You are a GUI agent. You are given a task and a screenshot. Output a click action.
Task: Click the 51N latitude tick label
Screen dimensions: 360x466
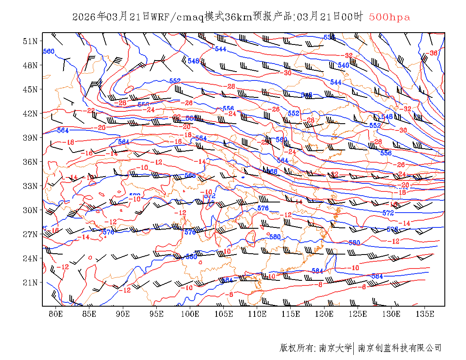click(30, 41)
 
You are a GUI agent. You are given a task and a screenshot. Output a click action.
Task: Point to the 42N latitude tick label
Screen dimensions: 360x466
click(30, 114)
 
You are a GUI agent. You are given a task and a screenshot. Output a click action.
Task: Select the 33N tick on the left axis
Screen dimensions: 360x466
click(30, 186)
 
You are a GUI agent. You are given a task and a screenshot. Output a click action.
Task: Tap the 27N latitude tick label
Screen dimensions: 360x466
click(30, 234)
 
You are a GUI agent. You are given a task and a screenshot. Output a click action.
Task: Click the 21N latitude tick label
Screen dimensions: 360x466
click(30, 282)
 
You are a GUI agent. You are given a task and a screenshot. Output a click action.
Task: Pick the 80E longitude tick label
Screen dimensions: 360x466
click(56, 314)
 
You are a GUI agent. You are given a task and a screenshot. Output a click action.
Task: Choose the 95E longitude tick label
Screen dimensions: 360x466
click(157, 314)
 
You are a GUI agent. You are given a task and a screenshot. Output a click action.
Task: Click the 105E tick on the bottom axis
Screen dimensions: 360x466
click(224, 314)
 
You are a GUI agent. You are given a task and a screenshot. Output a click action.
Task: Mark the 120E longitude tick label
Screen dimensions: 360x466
click(325, 314)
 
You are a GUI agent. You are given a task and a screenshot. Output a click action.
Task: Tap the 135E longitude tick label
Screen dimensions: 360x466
click(425, 314)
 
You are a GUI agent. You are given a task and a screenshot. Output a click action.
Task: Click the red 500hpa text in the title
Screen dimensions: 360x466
click(390, 17)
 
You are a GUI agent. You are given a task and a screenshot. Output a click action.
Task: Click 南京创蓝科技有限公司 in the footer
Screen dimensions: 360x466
click(400, 348)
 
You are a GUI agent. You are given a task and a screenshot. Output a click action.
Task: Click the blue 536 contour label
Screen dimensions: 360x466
click(329, 37)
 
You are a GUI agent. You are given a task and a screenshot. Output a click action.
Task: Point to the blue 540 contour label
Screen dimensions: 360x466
click(343, 65)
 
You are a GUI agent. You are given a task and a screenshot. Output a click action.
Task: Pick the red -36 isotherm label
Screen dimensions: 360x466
click(433, 53)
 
